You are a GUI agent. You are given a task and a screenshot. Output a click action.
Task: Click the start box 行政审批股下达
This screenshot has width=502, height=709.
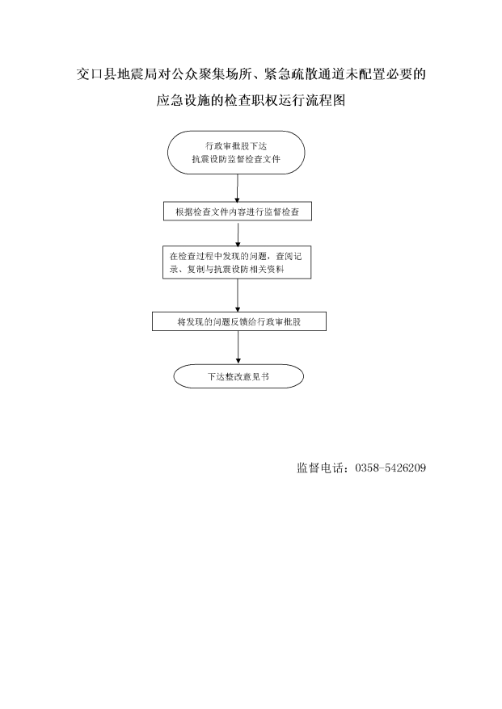pyautogui.click(x=236, y=153)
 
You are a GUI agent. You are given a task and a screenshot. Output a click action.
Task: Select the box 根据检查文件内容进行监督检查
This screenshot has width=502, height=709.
pyautogui.click(x=237, y=211)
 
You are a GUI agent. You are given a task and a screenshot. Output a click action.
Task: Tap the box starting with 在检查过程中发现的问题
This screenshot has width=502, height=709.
pyautogui.click(x=237, y=262)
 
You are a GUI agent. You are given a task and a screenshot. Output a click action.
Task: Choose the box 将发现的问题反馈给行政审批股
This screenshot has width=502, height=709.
pyautogui.click(x=238, y=321)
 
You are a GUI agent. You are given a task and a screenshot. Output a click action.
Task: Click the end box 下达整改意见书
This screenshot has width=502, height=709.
pyautogui.click(x=238, y=376)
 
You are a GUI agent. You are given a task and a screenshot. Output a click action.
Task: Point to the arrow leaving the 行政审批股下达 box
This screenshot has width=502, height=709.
pyautogui.click(x=237, y=188)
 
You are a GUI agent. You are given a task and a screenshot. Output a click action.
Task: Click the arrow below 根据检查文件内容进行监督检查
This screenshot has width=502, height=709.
pyautogui.click(x=238, y=233)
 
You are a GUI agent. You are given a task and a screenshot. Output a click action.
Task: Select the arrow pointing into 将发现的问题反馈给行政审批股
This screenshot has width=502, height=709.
pyautogui.click(x=238, y=296)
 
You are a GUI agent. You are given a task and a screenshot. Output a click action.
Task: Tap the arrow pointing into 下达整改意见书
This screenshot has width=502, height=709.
pyautogui.click(x=238, y=348)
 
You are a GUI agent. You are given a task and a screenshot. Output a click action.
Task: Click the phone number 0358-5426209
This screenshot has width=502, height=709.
pyautogui.click(x=390, y=468)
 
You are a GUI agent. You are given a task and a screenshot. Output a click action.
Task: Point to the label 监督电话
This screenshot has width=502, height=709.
pyautogui.click(x=319, y=468)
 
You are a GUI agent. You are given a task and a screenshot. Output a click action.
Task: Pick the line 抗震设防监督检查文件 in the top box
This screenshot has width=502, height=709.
pyautogui.click(x=236, y=159)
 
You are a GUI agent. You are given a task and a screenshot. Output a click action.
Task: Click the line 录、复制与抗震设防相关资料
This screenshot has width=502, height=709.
pyautogui.click(x=227, y=270)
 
